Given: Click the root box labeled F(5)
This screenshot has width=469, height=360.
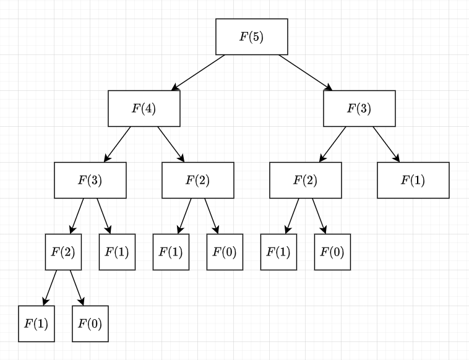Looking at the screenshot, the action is pos(252,36).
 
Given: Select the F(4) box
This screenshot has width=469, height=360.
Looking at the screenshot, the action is pos(144,108).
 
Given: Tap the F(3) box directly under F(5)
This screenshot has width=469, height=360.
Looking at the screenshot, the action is pos(359,108).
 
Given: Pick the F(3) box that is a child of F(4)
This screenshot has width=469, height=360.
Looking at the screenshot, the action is pos(90,180).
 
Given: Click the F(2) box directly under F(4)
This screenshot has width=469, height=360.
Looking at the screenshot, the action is pos(198,180).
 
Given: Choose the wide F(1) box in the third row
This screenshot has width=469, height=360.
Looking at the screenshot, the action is pos(413,180).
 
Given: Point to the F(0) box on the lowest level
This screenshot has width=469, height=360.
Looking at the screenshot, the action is pos(90,324).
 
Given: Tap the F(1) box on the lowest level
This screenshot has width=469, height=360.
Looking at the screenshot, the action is pos(37,324).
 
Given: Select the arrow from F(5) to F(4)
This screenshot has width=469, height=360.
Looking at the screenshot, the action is pos(199,72).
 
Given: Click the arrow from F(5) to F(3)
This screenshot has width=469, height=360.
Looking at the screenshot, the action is pos(306,72).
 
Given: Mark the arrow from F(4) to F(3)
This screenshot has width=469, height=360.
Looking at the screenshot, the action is pos(118,144).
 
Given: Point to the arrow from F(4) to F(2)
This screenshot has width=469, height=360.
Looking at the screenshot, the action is pos(171,144).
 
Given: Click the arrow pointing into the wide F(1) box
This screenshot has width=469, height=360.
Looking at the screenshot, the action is pos(386,144).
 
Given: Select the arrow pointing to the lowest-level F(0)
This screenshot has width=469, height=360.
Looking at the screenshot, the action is pos(77,288).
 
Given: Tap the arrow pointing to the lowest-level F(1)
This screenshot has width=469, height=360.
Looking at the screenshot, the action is pos(50,288).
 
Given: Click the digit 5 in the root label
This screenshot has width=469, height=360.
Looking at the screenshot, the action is pos(256,36).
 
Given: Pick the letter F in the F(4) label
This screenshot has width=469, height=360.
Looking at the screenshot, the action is pos(136,108).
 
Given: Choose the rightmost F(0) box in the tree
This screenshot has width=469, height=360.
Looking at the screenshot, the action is pos(332,252).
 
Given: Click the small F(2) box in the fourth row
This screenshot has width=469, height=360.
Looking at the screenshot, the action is pos(63,252).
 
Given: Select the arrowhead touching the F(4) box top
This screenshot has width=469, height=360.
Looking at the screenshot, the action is pos(175,87).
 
